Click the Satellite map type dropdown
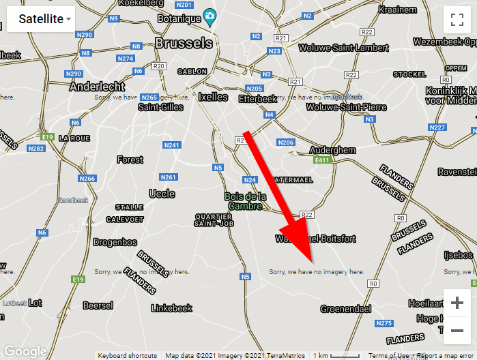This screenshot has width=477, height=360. tap(41, 19)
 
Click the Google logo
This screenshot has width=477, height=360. tap(25, 351)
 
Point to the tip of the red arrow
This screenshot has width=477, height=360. tap(312, 262)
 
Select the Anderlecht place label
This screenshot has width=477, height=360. tap(97, 87)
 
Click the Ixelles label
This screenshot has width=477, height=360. tap(213, 97)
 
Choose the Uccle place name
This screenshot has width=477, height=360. tap(162, 194)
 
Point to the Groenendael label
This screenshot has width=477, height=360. tap(346, 309)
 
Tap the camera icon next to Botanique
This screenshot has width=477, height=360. tap(211, 16)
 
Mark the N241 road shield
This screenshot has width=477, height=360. tap(171, 145)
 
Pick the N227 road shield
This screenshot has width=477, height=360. tap(437, 127)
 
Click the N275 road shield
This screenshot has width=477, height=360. tap(384, 323)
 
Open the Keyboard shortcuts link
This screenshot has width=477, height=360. tap(127, 355)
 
